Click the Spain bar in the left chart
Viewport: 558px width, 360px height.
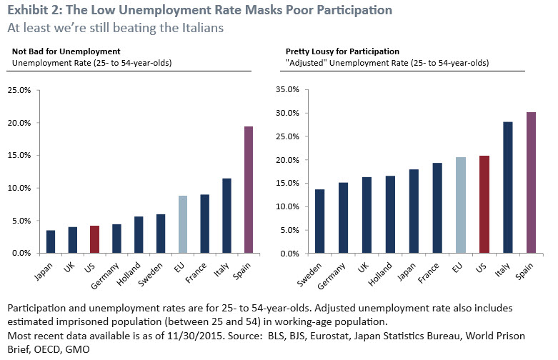pos(249,190)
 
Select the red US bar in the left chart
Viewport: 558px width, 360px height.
pos(94,239)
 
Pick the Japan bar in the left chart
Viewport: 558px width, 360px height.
pos(50,241)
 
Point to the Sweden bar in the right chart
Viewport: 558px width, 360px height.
pos(320,221)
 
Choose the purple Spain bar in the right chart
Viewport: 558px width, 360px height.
pos(531,182)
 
